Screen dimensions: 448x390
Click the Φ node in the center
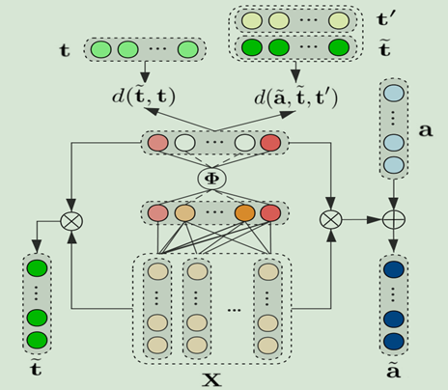211,179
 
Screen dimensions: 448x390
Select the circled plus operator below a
393,220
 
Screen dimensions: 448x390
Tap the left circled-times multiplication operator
71,221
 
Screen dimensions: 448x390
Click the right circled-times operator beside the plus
331,220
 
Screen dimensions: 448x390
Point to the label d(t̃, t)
144,96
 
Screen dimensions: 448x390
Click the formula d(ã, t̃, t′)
296,97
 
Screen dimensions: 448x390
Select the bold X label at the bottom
211,379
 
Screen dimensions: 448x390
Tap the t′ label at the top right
386,19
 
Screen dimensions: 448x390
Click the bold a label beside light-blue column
426,130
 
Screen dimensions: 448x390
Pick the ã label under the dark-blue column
393,371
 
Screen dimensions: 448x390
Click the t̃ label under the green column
36,368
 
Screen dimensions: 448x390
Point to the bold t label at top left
65,50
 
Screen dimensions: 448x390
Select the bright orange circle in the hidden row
245,213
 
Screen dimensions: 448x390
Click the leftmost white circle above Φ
184,143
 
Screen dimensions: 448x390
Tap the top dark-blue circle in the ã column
394,269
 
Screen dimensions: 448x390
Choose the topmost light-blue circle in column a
393,94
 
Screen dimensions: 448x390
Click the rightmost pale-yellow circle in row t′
339,20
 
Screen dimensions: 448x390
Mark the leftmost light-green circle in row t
100,50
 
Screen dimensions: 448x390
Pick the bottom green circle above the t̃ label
37,341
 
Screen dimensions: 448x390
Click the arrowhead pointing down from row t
145,77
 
